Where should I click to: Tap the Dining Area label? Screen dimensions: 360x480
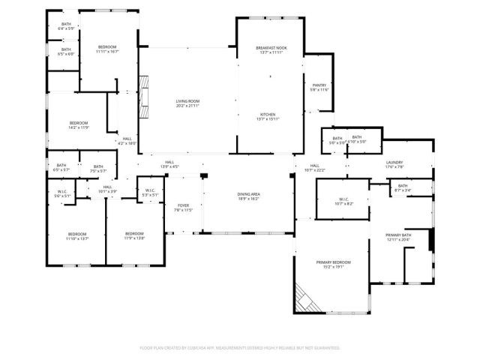point(248,196)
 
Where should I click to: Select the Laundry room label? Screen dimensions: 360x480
point(395,164)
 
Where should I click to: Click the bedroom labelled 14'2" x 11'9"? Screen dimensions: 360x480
point(79,125)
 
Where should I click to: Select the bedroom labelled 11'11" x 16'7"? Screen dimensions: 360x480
point(106,49)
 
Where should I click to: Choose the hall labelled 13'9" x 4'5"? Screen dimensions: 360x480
point(169,164)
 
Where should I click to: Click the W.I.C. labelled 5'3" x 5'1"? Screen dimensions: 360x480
point(150,192)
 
